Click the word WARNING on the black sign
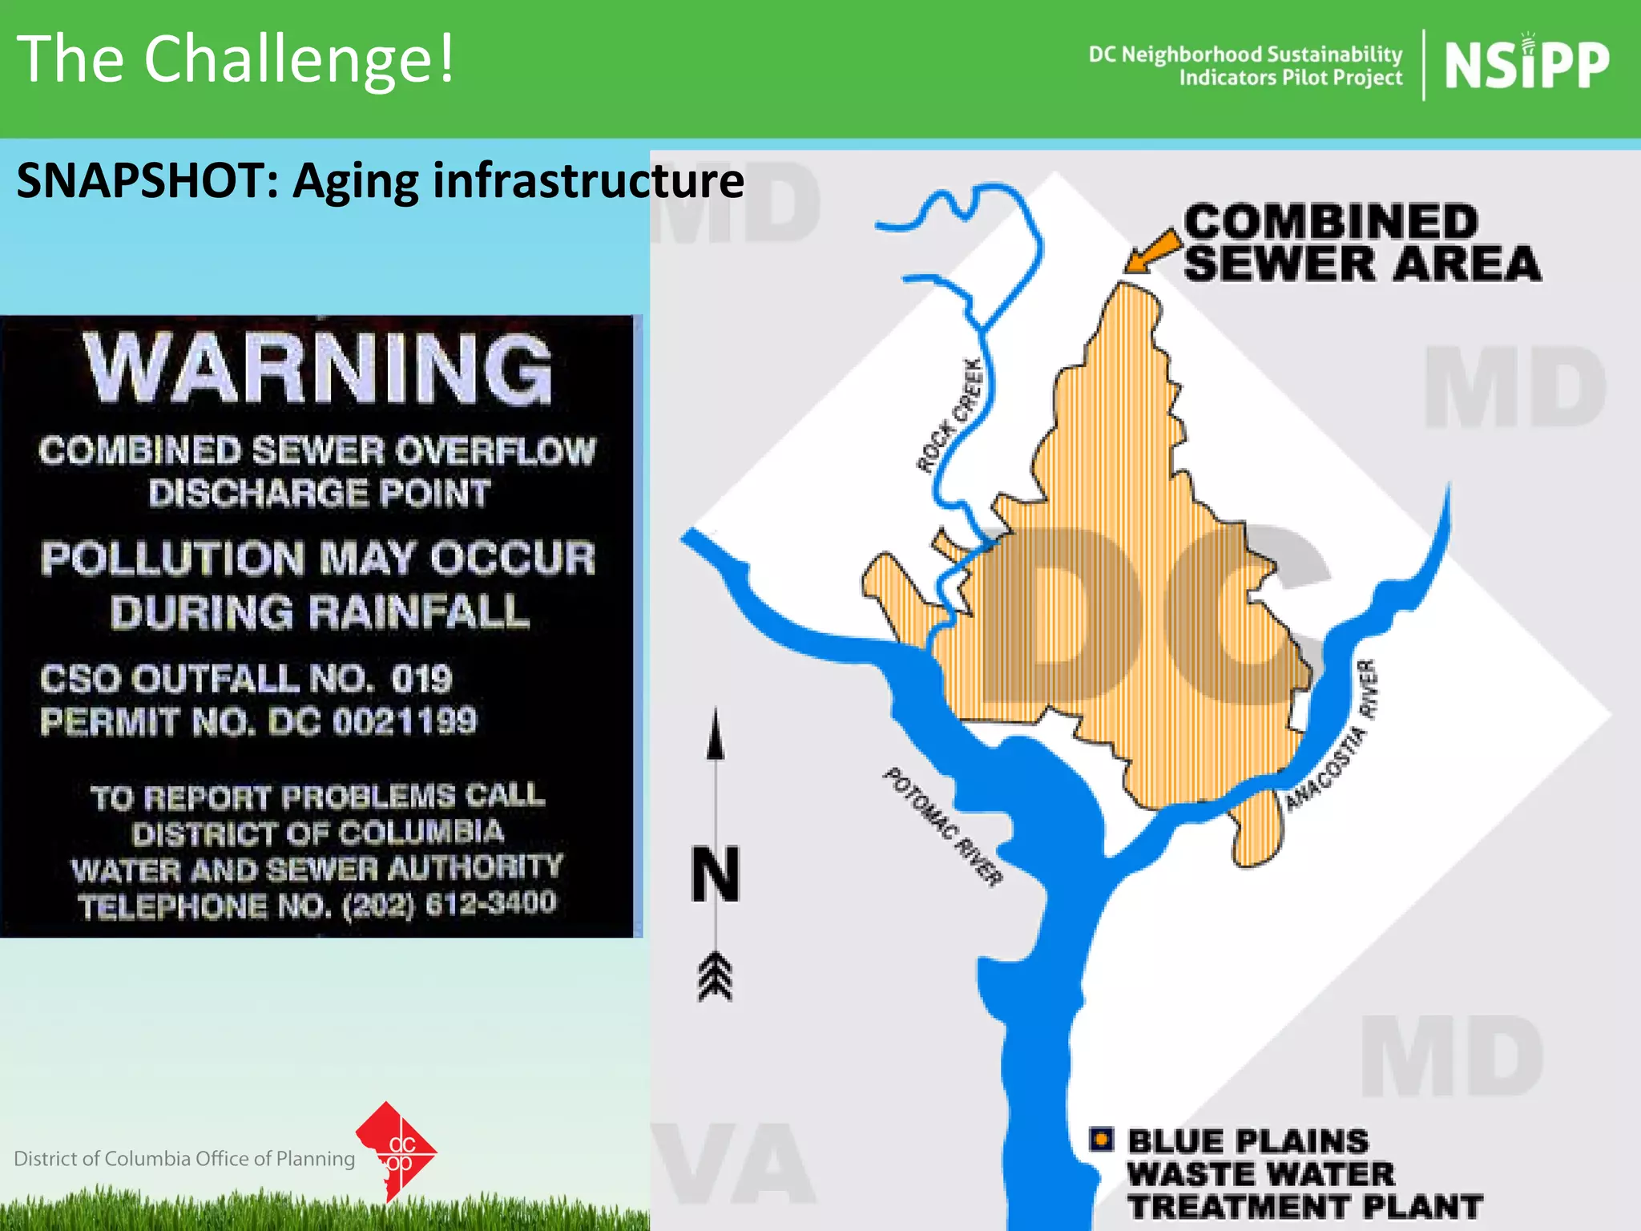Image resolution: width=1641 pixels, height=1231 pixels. click(x=319, y=369)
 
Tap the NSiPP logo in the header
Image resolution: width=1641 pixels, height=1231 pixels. click(x=1526, y=66)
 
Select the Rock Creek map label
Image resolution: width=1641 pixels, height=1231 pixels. click(x=950, y=416)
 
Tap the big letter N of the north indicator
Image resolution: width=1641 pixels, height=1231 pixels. click(x=716, y=874)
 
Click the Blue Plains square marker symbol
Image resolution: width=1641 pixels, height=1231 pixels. click(x=1102, y=1139)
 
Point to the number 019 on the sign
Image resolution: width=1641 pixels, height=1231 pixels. click(x=421, y=679)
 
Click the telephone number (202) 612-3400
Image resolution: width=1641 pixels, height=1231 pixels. click(x=449, y=904)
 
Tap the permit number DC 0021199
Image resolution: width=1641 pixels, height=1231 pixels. click(x=373, y=721)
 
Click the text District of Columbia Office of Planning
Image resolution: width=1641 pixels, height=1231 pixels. click(x=184, y=1159)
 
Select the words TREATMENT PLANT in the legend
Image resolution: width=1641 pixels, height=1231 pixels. click(x=1304, y=1207)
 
